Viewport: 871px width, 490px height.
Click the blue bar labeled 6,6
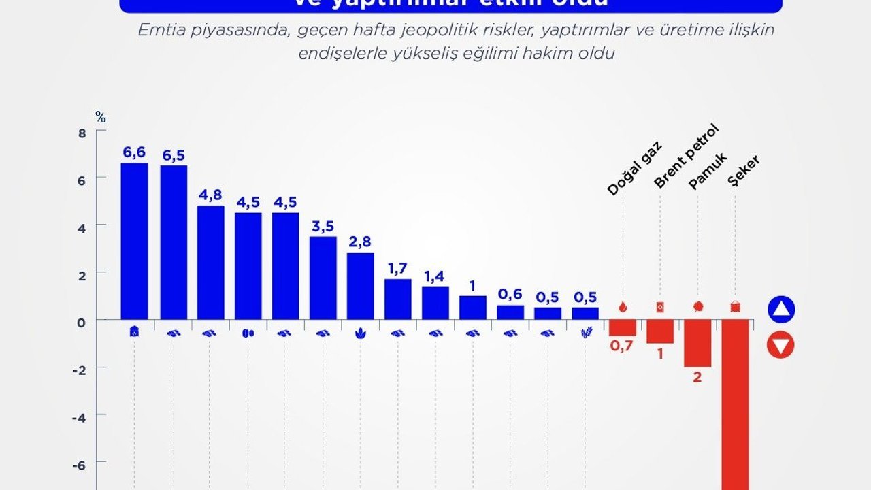pyautogui.click(x=134, y=241)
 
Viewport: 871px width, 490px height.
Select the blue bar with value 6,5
pyautogui.click(x=174, y=242)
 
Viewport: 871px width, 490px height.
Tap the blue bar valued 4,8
pyautogui.click(x=211, y=262)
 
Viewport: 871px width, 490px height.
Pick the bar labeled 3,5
pyautogui.click(x=323, y=278)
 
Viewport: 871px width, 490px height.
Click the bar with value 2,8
pyautogui.click(x=360, y=286)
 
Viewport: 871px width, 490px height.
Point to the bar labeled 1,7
pyautogui.click(x=397, y=299)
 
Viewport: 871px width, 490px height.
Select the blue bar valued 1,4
pyautogui.click(x=435, y=302)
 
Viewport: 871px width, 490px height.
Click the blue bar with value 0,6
pyautogui.click(x=510, y=312)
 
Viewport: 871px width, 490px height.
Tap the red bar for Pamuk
pyautogui.click(x=697, y=343)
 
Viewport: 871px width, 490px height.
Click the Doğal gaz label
pyautogui.click(x=634, y=169)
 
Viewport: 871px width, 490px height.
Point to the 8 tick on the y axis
pyautogui.click(x=82, y=133)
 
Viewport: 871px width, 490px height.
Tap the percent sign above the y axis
pyautogui.click(x=101, y=117)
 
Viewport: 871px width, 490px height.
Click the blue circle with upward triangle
pyautogui.click(x=780, y=310)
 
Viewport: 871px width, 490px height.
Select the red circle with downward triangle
pyautogui.click(x=780, y=346)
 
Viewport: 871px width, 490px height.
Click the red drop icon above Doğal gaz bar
pyautogui.click(x=623, y=307)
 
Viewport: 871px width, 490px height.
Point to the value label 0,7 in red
pyautogui.click(x=621, y=346)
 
